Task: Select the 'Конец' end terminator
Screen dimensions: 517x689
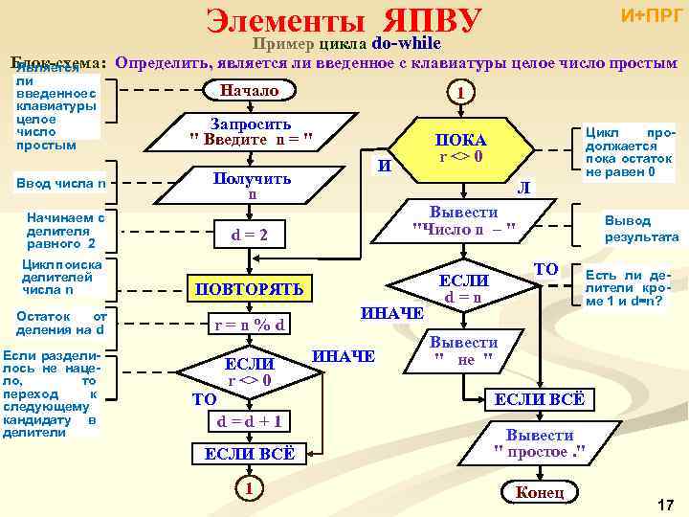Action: [x=540, y=492]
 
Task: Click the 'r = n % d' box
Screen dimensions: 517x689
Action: [x=250, y=325]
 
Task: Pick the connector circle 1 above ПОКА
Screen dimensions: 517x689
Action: [x=461, y=93]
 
